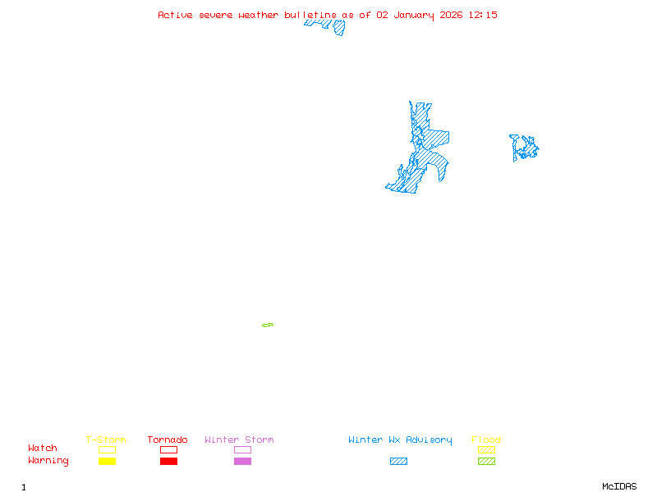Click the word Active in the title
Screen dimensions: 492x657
[x=176, y=15]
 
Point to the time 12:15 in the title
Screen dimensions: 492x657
[x=483, y=15]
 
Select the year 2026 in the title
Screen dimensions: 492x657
[x=451, y=15]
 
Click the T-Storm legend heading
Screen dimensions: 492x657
[x=106, y=440]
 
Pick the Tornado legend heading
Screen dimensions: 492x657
[x=168, y=440]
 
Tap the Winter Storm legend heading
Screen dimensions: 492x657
[x=239, y=440]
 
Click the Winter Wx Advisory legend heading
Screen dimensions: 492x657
[x=400, y=440]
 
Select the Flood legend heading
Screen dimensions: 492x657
[x=486, y=440]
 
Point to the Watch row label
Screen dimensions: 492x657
[x=43, y=449]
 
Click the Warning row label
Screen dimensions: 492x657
[x=48, y=461]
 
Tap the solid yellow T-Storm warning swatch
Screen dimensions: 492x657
[x=107, y=461]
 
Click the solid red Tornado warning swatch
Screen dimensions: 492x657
[x=168, y=461]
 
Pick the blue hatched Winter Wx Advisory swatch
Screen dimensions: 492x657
[x=398, y=461]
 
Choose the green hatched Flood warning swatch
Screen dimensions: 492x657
[x=486, y=461]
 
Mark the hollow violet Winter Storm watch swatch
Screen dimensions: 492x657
[x=242, y=449]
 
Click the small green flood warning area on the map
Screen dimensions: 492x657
[x=268, y=326]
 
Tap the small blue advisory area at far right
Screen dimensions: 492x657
[x=524, y=148]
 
